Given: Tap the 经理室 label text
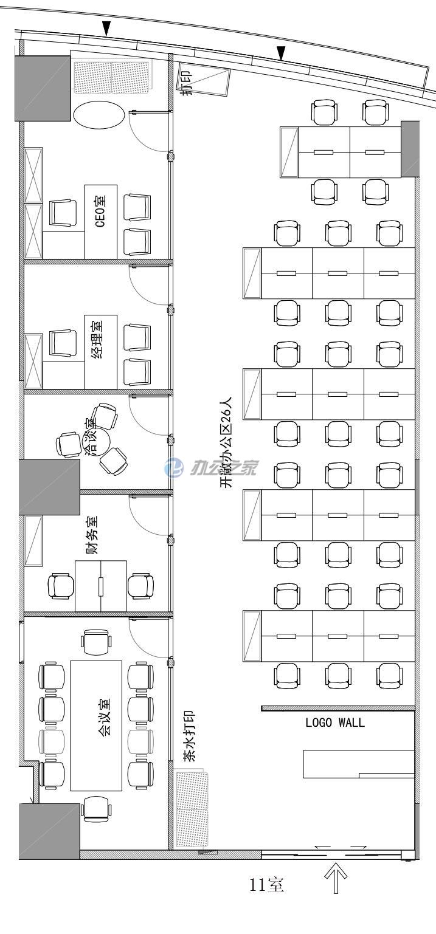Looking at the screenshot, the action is pos(98,340).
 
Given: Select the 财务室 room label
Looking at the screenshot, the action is pos(92,535).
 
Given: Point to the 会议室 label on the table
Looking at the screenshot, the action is pos(105,715).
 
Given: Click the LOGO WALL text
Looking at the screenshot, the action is pos(335,722).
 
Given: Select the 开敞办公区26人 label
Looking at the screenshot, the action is pos(226,442).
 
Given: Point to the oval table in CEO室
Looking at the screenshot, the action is pos(99,115).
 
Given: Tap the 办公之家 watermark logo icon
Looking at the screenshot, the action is pos(173,467).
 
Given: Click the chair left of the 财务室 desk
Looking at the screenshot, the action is pos(61,586).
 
